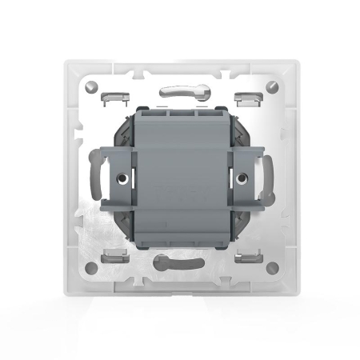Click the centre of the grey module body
(x=180, y=180)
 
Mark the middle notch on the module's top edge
(x=180, y=113)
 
